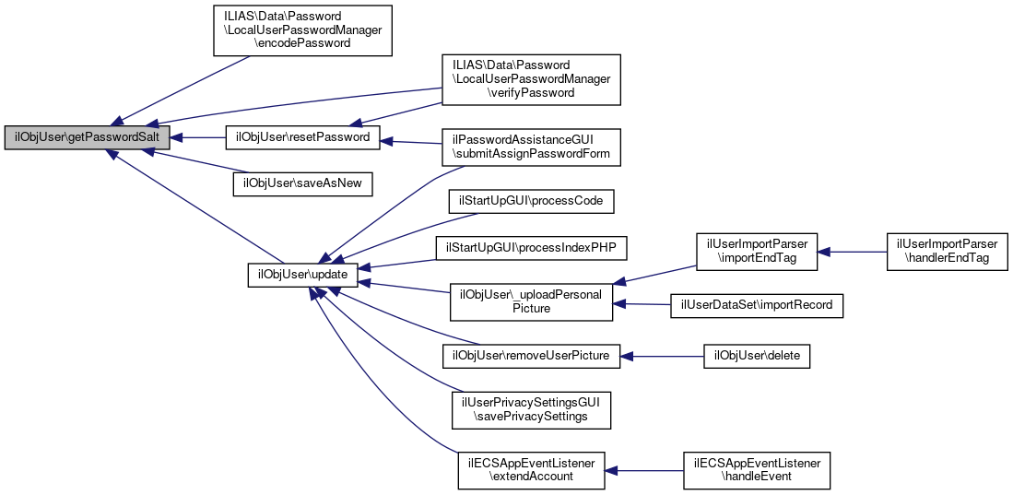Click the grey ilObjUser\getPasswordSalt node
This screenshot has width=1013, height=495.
click(x=88, y=137)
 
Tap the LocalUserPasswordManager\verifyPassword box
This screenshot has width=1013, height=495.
click(x=532, y=78)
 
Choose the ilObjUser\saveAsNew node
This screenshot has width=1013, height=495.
click(x=302, y=183)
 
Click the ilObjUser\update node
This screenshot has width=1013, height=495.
click(x=302, y=275)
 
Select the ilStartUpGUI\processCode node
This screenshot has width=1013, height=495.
click(x=531, y=200)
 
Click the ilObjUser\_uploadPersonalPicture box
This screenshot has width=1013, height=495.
click(x=531, y=301)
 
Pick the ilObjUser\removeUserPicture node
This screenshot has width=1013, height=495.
click(x=531, y=356)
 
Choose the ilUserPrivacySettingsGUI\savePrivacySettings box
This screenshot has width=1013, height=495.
click(x=531, y=409)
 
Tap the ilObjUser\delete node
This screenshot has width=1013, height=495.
click(x=757, y=356)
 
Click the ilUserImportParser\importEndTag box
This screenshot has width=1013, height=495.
click(x=757, y=251)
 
